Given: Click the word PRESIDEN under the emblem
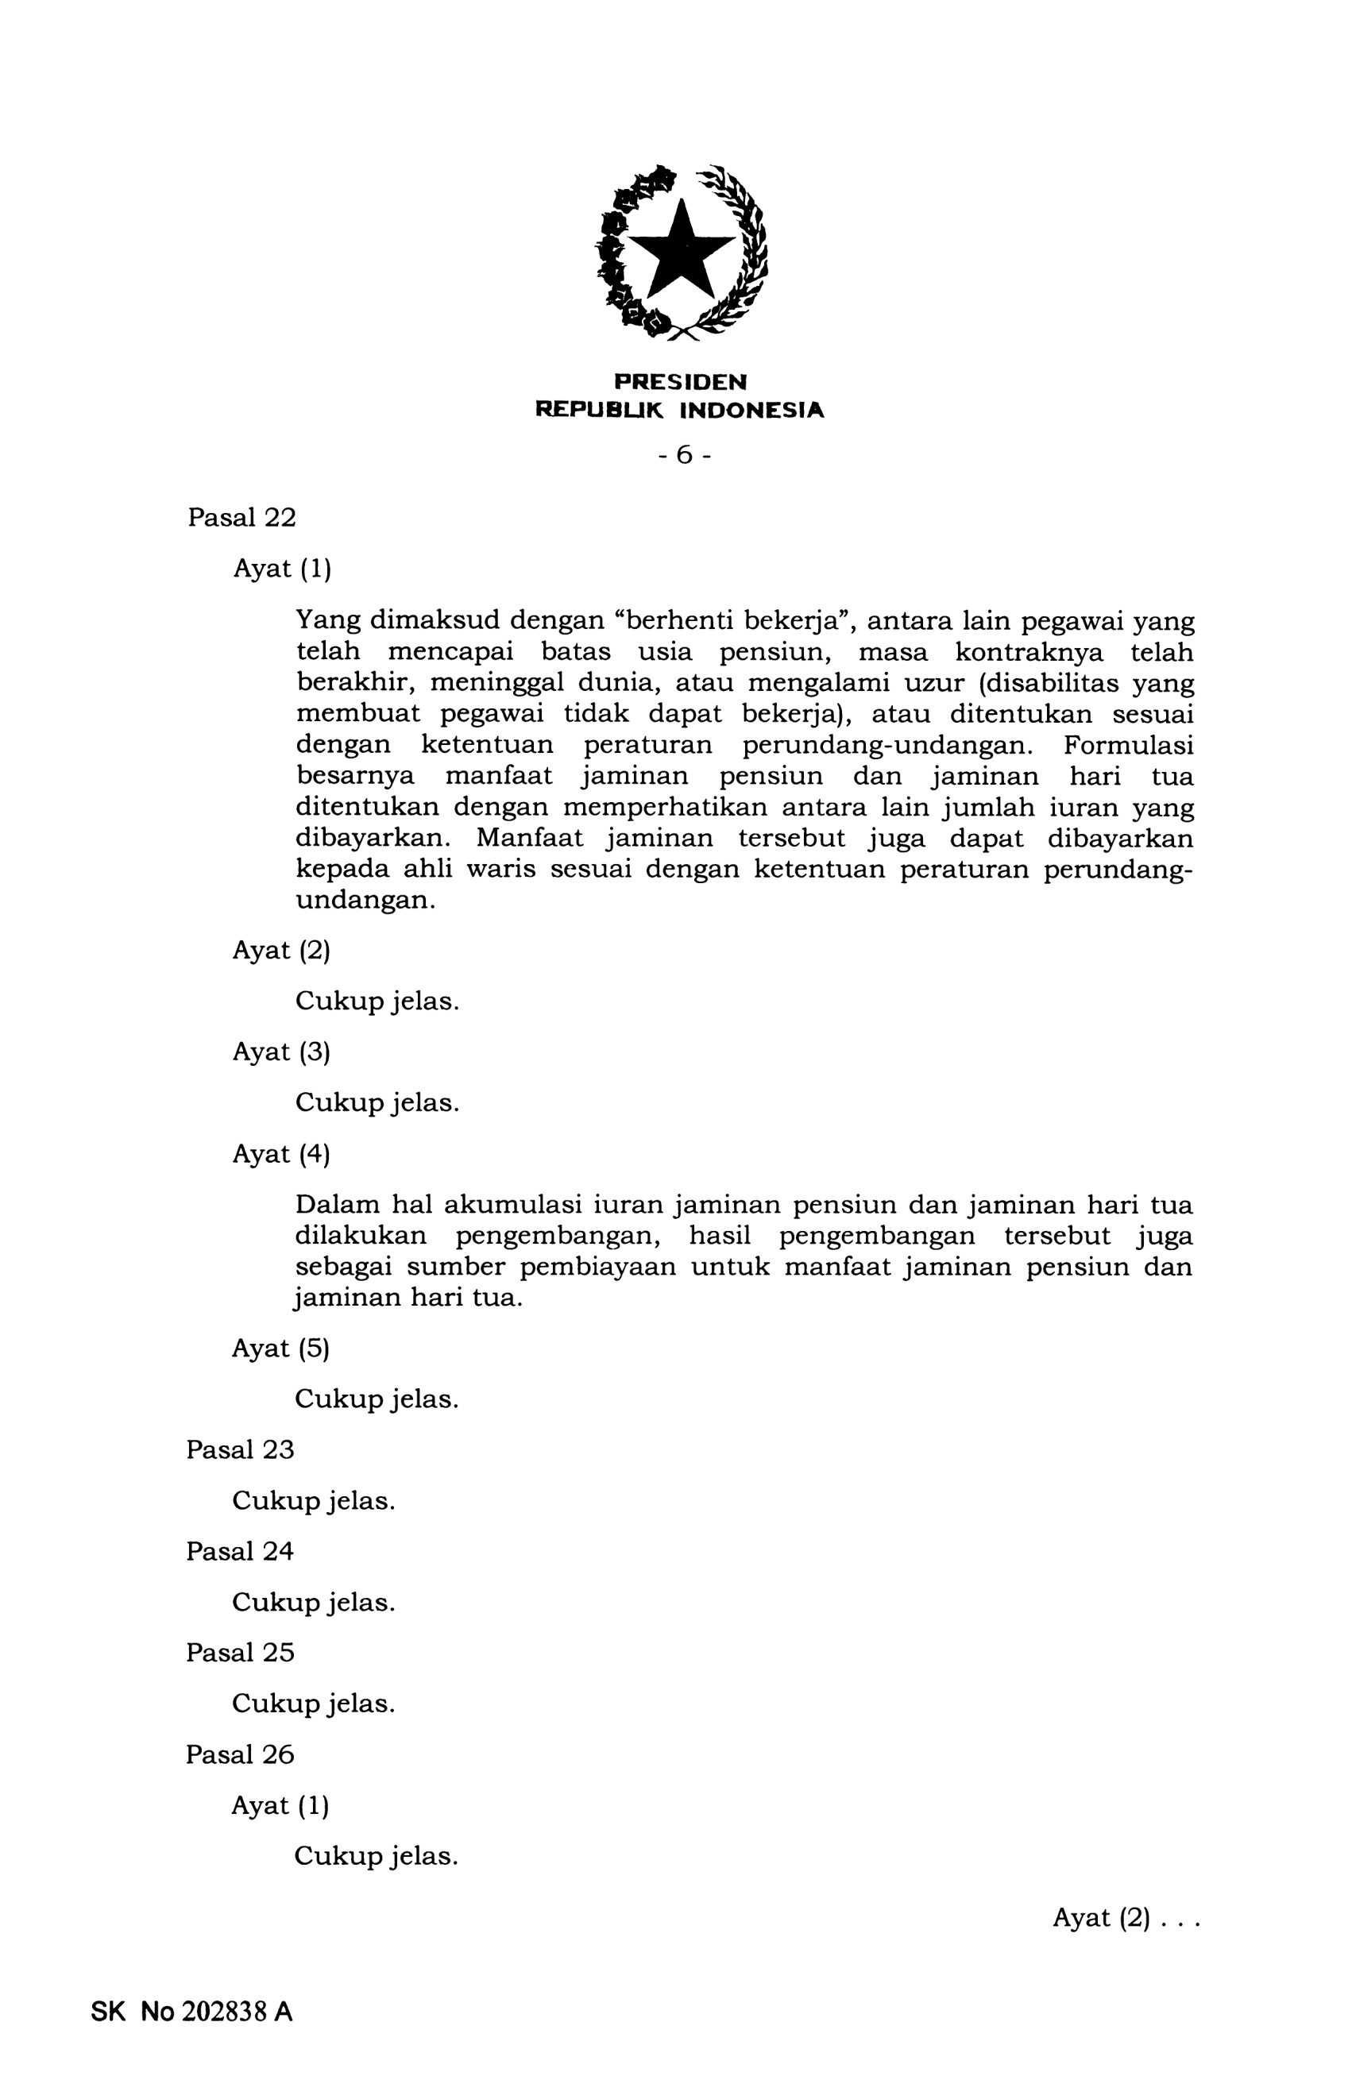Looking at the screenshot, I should pos(680,382).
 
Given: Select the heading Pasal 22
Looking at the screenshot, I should pos(241,517).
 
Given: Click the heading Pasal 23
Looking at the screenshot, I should pos(240,1449).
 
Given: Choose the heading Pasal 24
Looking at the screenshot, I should pos(240,1551).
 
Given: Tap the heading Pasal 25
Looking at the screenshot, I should pos(240,1652).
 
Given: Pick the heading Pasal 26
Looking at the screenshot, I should pos(240,1754).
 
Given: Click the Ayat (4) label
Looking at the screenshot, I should pos(281,1154).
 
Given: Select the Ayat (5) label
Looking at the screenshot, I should pos(280,1349).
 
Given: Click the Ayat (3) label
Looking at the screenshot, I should pos(281,1052).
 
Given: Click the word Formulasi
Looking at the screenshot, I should pos(1128,745).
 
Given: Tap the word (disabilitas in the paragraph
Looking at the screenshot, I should pos(1048,682).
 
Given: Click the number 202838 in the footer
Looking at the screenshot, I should pos(223,2012).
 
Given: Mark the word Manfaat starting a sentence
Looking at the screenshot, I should pos(528,838).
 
